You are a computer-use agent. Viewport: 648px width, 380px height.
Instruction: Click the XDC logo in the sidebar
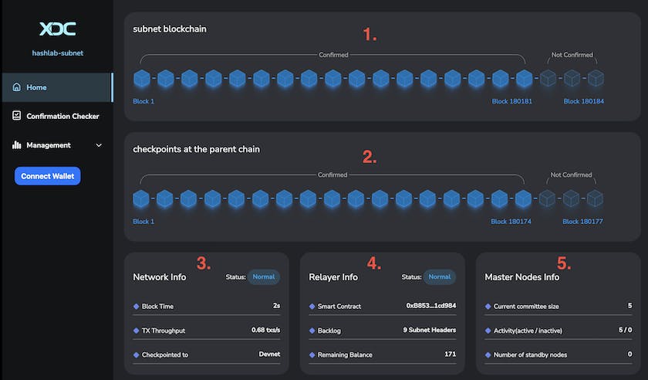point(57,29)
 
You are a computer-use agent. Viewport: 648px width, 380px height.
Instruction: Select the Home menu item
point(36,87)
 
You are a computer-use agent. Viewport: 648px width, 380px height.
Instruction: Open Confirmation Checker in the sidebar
point(62,117)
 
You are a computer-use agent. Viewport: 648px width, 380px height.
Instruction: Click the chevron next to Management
point(99,145)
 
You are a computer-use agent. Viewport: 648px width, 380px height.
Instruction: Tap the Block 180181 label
point(511,101)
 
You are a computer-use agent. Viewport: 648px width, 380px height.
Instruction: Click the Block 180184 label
point(584,101)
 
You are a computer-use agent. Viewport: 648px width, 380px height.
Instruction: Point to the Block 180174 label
point(511,222)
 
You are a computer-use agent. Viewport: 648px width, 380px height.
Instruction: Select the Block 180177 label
point(582,222)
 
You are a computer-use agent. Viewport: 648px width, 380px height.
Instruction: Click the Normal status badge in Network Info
point(263,277)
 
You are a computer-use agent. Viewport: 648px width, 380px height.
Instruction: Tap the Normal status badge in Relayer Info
point(439,277)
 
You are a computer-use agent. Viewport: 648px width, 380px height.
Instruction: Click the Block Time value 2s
point(275,306)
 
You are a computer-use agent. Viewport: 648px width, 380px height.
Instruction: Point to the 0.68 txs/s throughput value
point(265,331)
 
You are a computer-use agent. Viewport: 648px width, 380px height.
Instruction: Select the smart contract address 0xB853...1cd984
point(430,306)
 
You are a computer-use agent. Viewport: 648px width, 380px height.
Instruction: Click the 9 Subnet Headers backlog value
point(429,331)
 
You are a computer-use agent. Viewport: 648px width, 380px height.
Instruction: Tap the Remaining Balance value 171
point(451,355)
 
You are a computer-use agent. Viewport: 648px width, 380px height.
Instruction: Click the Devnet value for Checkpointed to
point(269,355)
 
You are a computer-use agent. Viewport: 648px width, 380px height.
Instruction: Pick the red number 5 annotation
point(564,263)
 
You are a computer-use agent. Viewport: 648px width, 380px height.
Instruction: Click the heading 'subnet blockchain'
point(169,29)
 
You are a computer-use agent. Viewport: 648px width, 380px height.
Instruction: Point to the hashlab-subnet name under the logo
point(57,54)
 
